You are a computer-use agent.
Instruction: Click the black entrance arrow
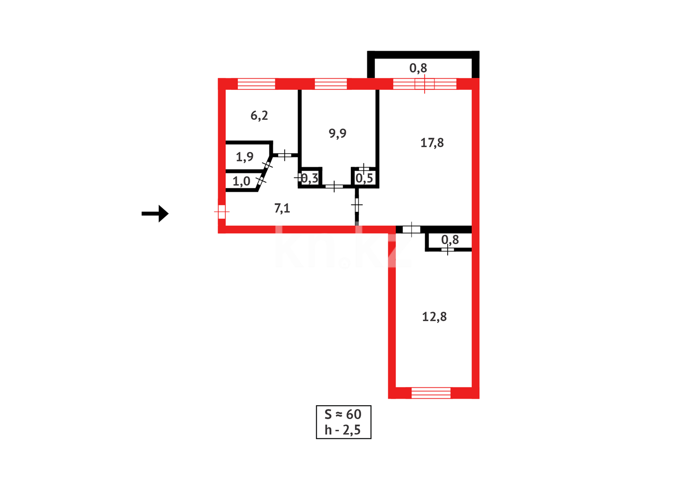[155, 213]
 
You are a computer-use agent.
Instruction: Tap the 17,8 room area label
[432, 143]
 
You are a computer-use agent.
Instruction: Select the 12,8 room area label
[434, 317]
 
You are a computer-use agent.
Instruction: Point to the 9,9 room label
[338, 133]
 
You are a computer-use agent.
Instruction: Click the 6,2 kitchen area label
[259, 116]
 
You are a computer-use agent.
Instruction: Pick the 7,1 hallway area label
[282, 208]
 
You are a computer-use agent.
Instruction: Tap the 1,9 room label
[245, 157]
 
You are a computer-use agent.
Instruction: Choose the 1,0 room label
[241, 181]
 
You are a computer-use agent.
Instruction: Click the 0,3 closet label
[310, 178]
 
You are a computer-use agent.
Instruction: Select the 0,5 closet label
[364, 178]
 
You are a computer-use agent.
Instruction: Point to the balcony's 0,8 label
[418, 68]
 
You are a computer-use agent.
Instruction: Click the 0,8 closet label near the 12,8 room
[450, 240]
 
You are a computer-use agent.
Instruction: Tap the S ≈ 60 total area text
[343, 414]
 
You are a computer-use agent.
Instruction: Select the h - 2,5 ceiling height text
[343, 430]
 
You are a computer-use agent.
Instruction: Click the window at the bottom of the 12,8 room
[431, 393]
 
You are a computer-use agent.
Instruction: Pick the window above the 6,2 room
[256, 84]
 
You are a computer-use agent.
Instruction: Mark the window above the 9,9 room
[331, 84]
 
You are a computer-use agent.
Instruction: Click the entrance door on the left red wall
[222, 211]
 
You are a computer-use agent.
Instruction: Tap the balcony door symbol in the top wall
[425, 84]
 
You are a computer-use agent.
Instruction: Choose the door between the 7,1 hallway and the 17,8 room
[357, 205]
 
